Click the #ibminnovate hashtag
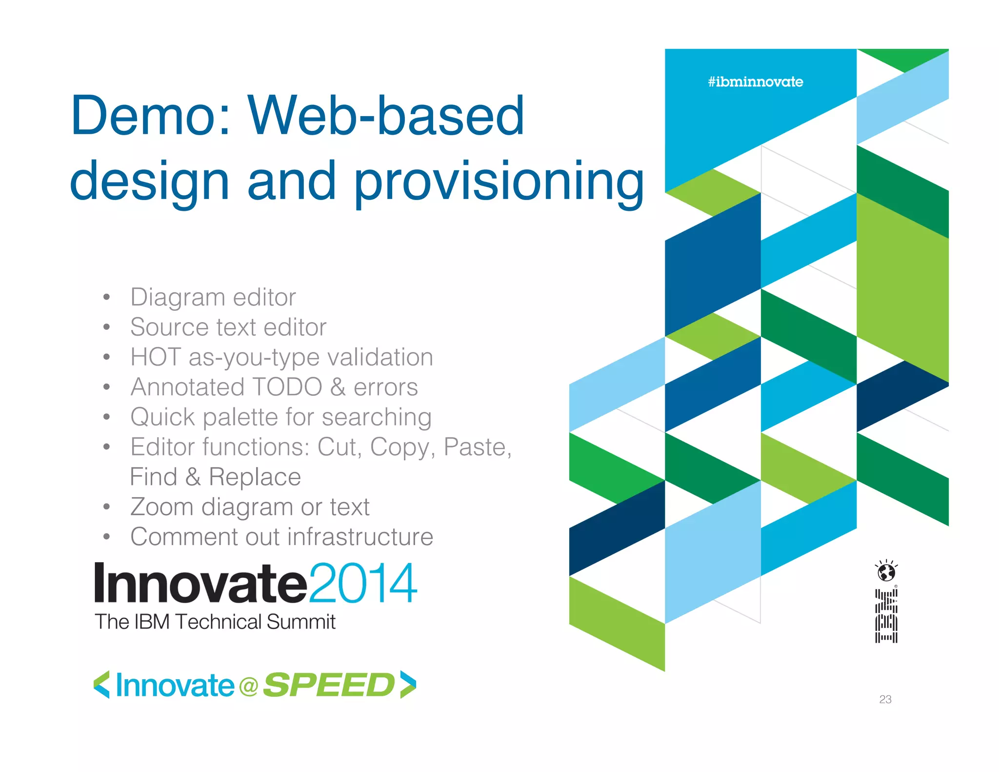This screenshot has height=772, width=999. pyautogui.click(x=755, y=81)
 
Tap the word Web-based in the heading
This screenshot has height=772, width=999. pyautogui.click(x=385, y=116)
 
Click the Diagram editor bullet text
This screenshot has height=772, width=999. pyautogui.click(x=213, y=297)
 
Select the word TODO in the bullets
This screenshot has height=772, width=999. pyautogui.click(x=286, y=387)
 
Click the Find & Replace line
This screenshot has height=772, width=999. pyautogui.click(x=215, y=477)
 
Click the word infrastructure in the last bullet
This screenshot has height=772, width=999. pyautogui.click(x=360, y=537)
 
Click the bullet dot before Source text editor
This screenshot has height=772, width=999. pyautogui.click(x=107, y=327)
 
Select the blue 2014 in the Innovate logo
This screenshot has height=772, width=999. pyautogui.click(x=363, y=583)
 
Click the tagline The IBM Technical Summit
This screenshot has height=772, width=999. pyautogui.click(x=215, y=622)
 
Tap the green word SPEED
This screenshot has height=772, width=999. pyautogui.click(x=328, y=685)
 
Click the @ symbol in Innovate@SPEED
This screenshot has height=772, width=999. pyautogui.click(x=249, y=687)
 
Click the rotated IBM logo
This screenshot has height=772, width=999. pyautogui.click(x=886, y=616)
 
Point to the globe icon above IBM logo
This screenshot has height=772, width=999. pyautogui.click(x=886, y=571)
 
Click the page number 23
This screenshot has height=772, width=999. pyautogui.click(x=885, y=699)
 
